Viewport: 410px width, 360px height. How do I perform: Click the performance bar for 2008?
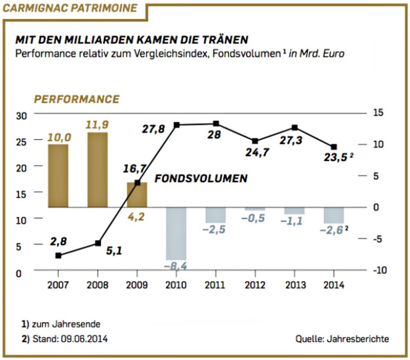[x=97, y=170]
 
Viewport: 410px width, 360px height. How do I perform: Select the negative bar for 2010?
[x=176, y=233]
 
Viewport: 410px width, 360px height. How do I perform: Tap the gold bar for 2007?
[x=58, y=176]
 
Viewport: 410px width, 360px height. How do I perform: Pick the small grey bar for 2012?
[x=255, y=209]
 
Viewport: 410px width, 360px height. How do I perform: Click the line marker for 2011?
[x=216, y=124]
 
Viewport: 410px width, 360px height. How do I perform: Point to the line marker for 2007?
[x=58, y=255]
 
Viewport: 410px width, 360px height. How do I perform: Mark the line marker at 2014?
[x=334, y=147]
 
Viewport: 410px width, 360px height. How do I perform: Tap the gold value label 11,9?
[x=97, y=125]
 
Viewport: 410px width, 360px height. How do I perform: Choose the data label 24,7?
[x=258, y=152]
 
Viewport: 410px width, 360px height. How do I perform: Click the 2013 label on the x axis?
[x=295, y=285]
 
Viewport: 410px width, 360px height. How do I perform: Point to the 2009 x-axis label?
[x=137, y=285]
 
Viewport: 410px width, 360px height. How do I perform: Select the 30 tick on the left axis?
[x=21, y=115]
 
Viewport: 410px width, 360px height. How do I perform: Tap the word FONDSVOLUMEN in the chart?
[x=201, y=178]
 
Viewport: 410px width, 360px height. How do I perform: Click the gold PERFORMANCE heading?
[x=77, y=100]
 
